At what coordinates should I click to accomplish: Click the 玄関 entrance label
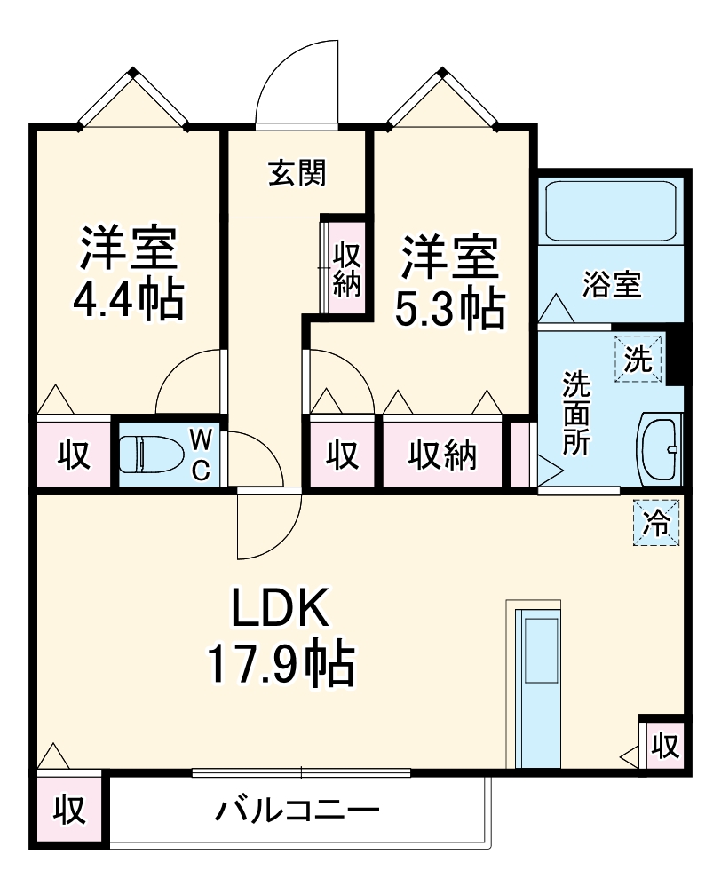coord(297,173)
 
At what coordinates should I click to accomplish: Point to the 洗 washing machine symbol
coord(638,360)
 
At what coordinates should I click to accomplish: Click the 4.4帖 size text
coord(128,301)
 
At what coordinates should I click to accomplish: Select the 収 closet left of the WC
coord(75,454)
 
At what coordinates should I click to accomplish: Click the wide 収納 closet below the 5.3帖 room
coord(442,455)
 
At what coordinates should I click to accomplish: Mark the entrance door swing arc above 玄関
coord(297,84)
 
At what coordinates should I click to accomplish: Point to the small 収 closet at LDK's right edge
coord(662,744)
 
